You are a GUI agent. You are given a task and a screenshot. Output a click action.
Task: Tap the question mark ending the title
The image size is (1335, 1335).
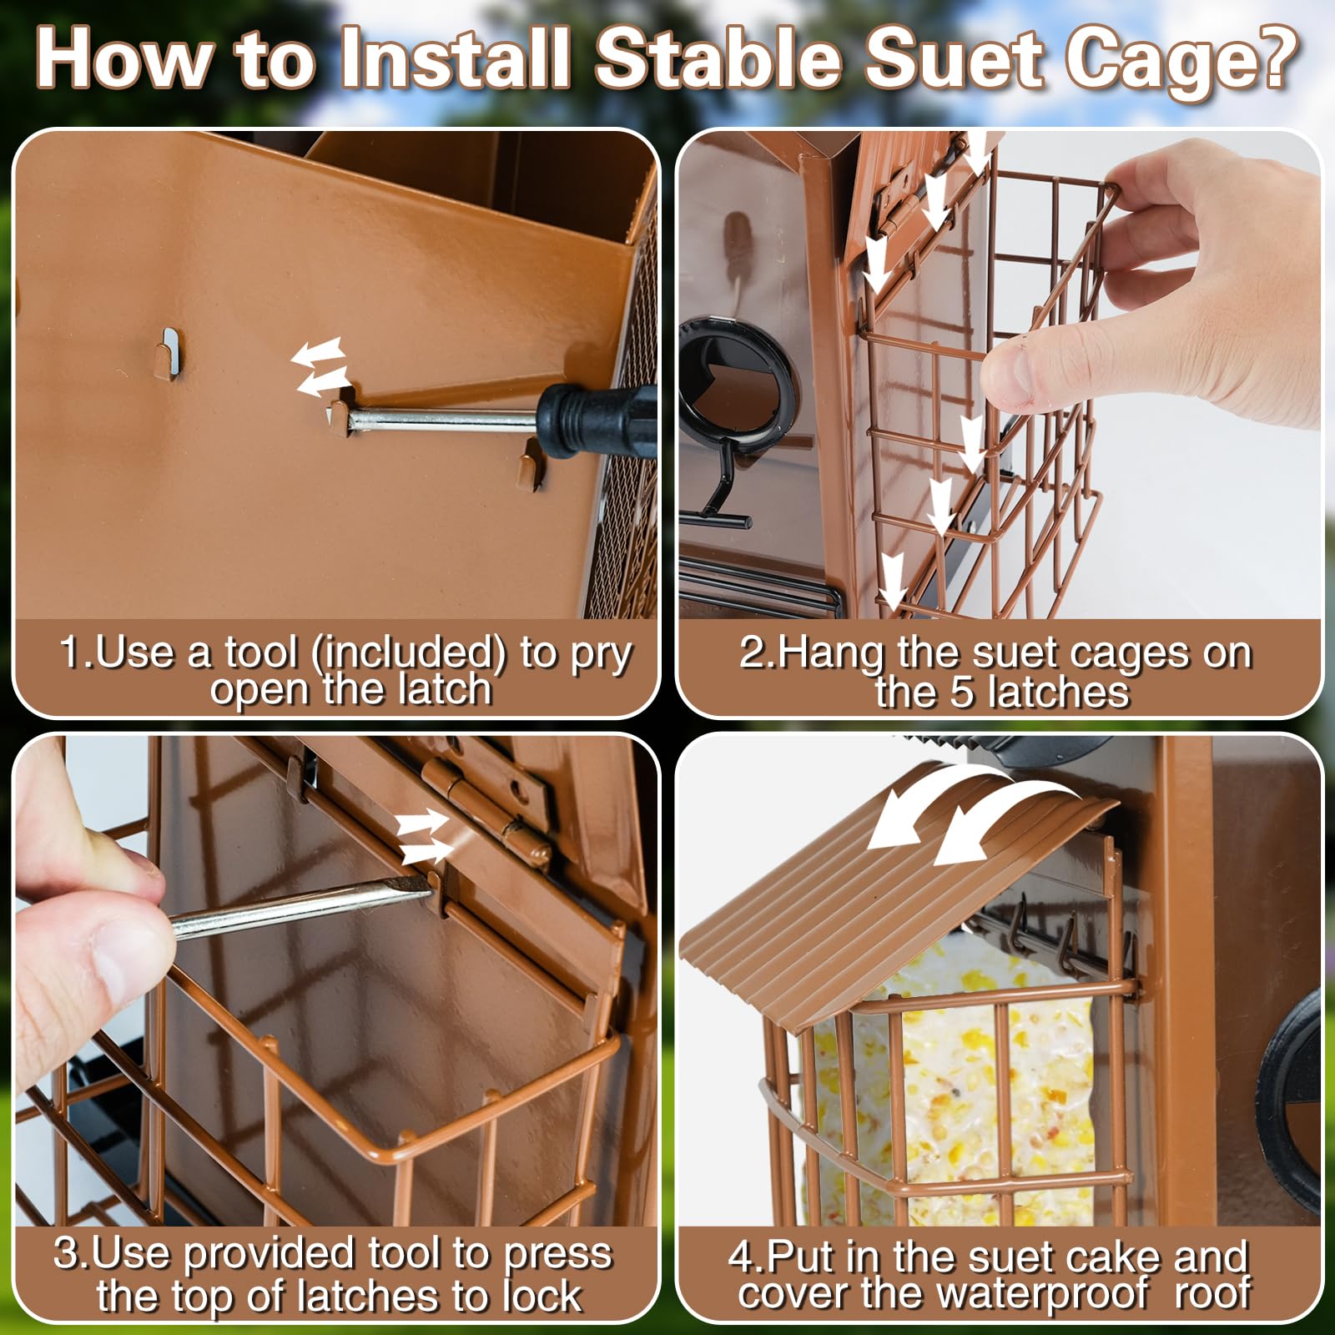tap(1269, 58)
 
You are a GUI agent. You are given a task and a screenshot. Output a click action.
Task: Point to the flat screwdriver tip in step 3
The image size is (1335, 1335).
tap(421, 891)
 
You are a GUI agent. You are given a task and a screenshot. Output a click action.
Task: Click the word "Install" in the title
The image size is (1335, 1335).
tap(456, 58)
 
